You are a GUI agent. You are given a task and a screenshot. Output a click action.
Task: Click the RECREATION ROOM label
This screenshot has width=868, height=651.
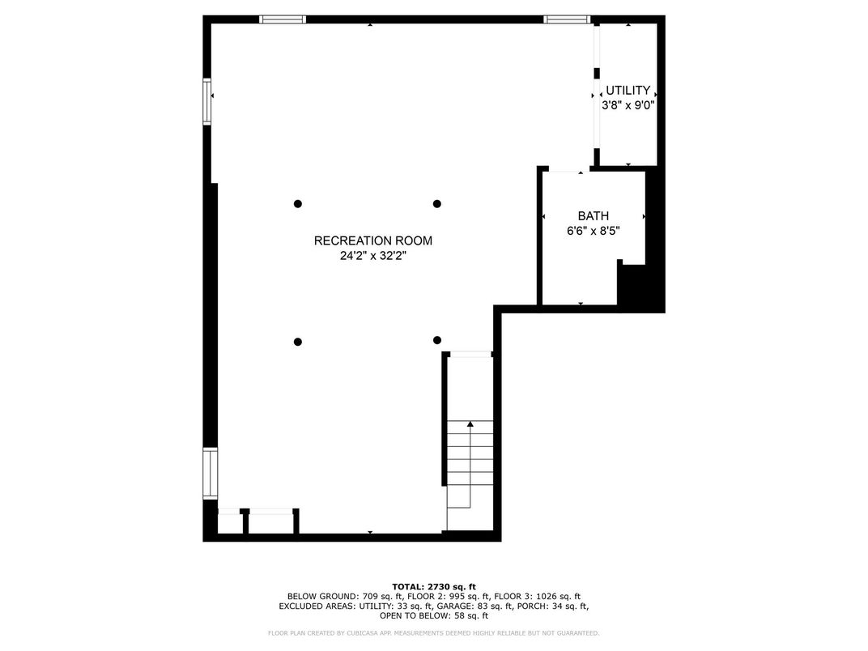click(x=373, y=240)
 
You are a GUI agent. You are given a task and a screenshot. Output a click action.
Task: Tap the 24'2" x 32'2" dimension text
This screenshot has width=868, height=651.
click(x=373, y=256)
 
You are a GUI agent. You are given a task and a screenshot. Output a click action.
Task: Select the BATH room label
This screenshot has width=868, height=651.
click(x=594, y=216)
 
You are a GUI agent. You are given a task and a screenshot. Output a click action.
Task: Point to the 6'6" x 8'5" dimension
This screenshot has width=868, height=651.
click(x=594, y=231)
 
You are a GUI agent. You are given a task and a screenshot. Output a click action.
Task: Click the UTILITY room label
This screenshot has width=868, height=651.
click(x=628, y=90)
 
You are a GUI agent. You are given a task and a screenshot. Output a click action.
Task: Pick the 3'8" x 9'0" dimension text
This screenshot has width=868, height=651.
click(x=628, y=105)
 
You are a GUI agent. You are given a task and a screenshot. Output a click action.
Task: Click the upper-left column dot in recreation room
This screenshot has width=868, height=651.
click(x=298, y=204)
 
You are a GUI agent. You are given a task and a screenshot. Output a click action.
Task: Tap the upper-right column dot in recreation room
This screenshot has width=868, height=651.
click(x=436, y=204)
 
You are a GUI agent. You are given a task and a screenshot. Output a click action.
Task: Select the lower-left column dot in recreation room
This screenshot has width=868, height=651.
click(x=298, y=343)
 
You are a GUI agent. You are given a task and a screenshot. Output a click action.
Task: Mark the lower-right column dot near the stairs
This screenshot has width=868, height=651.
click(x=436, y=340)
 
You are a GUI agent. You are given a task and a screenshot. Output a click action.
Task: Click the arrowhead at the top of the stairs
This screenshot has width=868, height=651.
click(x=470, y=424)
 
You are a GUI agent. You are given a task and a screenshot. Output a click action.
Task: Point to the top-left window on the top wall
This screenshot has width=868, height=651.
click(x=283, y=19)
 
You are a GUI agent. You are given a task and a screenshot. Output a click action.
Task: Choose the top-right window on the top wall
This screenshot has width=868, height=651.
click(x=567, y=19)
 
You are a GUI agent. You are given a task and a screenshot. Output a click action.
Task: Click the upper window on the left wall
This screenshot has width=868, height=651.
click(x=207, y=102)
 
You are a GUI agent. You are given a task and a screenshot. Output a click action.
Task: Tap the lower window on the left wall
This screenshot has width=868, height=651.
click(x=211, y=474)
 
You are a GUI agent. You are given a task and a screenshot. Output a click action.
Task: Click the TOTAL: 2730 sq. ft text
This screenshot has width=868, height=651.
click(x=434, y=587)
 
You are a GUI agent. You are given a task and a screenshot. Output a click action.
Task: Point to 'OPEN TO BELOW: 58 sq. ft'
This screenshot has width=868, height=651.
click(x=434, y=615)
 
